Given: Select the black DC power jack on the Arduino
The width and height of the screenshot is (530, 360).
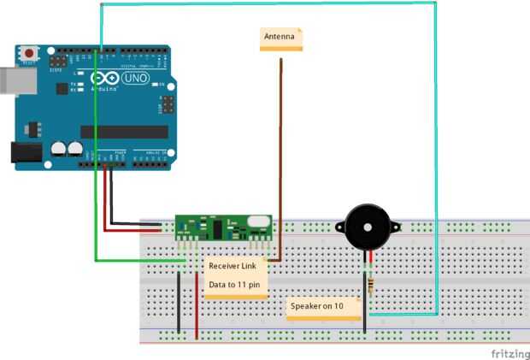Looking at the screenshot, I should pyautogui.click(x=25, y=151).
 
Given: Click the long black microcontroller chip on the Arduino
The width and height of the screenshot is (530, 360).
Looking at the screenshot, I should pyautogui.click(x=124, y=131).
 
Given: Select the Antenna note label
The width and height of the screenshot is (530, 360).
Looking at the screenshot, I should pyautogui.click(x=281, y=38).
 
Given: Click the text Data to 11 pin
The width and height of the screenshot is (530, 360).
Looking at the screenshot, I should pyautogui.click(x=234, y=285).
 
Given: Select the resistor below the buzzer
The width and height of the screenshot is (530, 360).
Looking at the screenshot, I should pyautogui.click(x=369, y=283).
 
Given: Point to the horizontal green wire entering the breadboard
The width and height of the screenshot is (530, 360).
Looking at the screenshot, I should pyautogui.click(x=137, y=259).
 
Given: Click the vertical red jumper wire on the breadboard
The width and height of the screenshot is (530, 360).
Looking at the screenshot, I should pyautogui.click(x=197, y=308).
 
